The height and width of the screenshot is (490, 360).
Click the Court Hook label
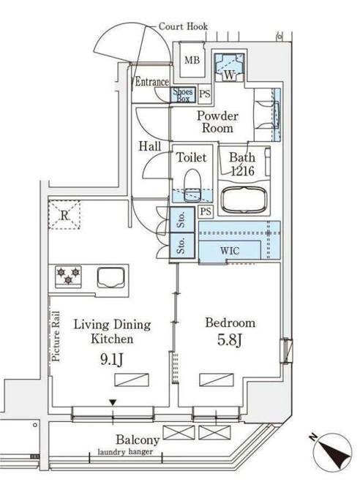click(x=183, y=26)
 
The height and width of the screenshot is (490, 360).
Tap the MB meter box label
click(x=192, y=60)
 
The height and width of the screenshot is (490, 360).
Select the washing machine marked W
click(x=229, y=67)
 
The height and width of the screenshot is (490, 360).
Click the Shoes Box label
click(x=183, y=94)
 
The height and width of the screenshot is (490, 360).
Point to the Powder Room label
click(x=217, y=122)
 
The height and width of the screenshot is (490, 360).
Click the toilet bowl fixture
click(x=192, y=185)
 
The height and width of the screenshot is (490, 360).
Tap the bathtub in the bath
click(x=244, y=200)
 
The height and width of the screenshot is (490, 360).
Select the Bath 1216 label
click(x=242, y=164)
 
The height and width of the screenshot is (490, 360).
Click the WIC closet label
click(x=230, y=251)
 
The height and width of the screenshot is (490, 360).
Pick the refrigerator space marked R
click(x=64, y=215)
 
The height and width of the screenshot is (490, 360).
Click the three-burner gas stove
click(x=69, y=276)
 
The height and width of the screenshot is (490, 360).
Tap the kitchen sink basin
click(x=111, y=277)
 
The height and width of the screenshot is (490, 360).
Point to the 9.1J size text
click(x=112, y=359)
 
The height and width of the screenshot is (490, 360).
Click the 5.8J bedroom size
click(x=230, y=340)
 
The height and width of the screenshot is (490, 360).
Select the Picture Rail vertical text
click(x=56, y=336)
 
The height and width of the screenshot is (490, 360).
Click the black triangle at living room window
click(x=113, y=402)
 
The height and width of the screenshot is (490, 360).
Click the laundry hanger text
click(x=125, y=452)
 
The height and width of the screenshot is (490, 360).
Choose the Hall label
click(x=150, y=146)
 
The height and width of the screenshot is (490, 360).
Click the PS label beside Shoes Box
click(x=205, y=94)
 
